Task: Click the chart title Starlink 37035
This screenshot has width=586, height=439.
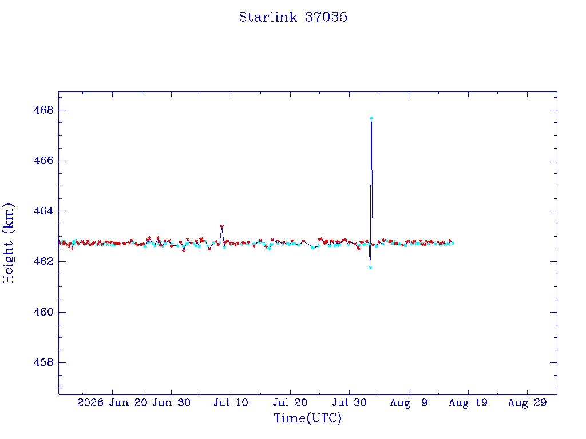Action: click(x=293, y=17)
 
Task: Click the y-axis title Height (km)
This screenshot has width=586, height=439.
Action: click(x=9, y=243)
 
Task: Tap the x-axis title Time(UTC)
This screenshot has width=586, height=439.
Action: click(x=307, y=418)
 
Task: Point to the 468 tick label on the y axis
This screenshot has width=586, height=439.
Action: click(x=43, y=110)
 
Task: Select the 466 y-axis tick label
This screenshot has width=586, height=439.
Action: click(x=43, y=161)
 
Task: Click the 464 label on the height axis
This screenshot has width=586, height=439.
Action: click(x=43, y=211)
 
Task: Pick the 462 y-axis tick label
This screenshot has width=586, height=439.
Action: click(x=43, y=261)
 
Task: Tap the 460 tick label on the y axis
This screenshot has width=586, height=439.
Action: click(x=43, y=312)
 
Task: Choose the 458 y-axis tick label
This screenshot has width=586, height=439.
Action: click(x=43, y=362)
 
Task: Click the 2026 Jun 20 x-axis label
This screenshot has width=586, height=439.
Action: click(x=113, y=402)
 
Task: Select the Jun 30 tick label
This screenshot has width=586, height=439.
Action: click(x=172, y=402)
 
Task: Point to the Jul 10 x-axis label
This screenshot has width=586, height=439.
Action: click(x=231, y=402)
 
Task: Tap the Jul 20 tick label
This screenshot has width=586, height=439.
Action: click(x=290, y=402)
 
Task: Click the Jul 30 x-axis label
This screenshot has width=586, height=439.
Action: click(x=350, y=402)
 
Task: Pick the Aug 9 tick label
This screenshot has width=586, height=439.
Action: click(x=409, y=402)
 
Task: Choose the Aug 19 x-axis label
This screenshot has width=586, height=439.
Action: click(x=468, y=402)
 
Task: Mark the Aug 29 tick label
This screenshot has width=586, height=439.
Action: click(x=527, y=402)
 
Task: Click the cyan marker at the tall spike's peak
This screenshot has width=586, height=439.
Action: click(x=371, y=118)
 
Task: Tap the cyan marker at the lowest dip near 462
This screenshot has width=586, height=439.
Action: click(x=370, y=268)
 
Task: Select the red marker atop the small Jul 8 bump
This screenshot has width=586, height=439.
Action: click(x=221, y=226)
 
